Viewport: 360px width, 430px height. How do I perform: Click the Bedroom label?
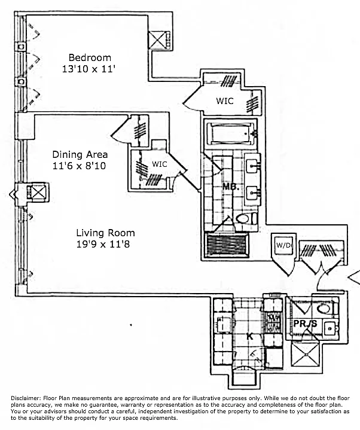pyautogui.click(x=90, y=58)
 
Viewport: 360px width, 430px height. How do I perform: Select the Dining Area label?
pyautogui.click(x=80, y=154)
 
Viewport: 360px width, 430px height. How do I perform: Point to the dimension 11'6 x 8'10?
pyautogui.click(x=80, y=166)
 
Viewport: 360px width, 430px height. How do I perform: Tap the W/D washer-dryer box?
pyautogui.click(x=282, y=246)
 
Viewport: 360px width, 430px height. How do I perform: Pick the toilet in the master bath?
pyautogui.click(x=245, y=219)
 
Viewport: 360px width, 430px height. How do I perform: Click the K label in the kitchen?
pyautogui.click(x=250, y=337)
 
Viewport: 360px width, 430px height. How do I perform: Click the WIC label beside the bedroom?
pyautogui.click(x=225, y=102)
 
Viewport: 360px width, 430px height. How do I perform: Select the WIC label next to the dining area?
pyautogui.click(x=159, y=164)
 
